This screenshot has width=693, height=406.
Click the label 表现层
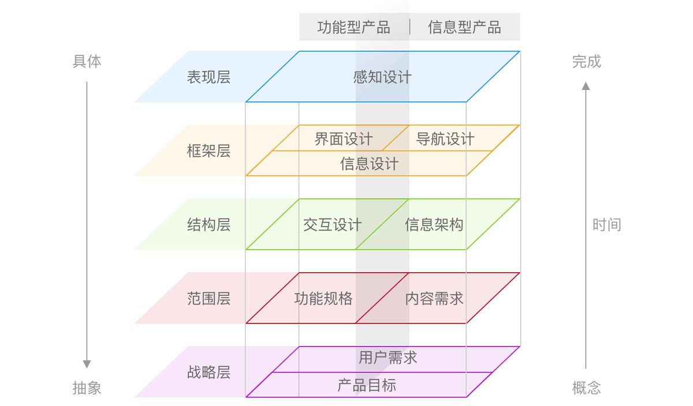pos(208,77)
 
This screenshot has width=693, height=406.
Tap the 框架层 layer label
pos(208,151)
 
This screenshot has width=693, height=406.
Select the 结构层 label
pos(208,225)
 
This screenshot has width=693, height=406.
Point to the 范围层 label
pos(208,299)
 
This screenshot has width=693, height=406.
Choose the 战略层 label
pos(208,373)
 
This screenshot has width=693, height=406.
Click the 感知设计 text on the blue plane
pos(382,77)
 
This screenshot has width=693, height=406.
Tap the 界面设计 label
pos(344,139)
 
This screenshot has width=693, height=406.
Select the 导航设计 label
pos(445,139)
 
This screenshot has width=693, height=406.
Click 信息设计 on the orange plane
pos(369,164)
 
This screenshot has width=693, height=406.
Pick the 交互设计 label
pos(333,225)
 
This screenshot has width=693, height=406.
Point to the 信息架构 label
pos(434,225)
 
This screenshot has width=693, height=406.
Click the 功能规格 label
pos(323,299)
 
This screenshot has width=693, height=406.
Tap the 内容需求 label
pos(434,299)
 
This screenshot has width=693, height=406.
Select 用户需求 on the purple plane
pos(388,358)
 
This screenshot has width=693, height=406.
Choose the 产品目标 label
pos(367,385)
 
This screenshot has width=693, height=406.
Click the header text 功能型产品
pos(353,27)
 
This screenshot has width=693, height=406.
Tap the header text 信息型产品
pos(464,27)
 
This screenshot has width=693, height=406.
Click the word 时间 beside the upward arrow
pos(606,225)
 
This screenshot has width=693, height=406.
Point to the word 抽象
pos(87,388)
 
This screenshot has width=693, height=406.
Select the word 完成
pos(586,61)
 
